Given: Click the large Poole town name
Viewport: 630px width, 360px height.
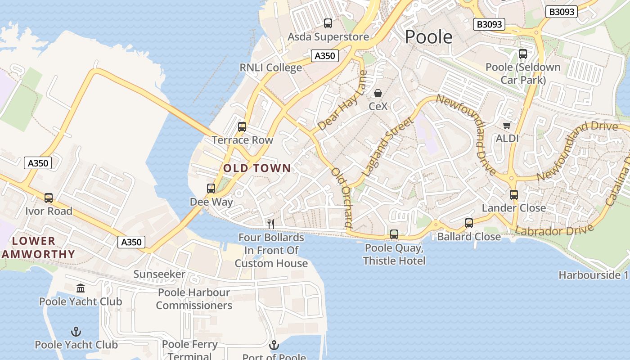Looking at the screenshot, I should point(428,36).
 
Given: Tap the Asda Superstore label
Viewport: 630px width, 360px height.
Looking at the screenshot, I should point(328,36).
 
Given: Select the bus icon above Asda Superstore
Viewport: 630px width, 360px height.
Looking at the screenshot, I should point(328,23).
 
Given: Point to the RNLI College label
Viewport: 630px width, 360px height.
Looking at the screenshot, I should point(270,67).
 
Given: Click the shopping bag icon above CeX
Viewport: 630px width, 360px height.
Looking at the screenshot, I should point(378,93).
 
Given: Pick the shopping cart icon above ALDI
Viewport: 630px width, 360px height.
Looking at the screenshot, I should point(507,125).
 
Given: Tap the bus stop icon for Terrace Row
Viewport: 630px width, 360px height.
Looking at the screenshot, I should point(242,127).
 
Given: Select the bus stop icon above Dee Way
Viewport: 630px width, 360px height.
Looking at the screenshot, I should point(211,189).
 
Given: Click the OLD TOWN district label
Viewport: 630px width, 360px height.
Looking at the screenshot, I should point(257,168).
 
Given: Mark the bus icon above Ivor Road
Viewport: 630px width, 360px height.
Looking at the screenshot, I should point(49,198).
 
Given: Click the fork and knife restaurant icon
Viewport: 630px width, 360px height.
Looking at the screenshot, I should point(271,223).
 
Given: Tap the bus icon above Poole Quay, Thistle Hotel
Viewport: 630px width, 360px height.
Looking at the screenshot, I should point(394,234).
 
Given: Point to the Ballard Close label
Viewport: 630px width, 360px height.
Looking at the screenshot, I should point(468,236).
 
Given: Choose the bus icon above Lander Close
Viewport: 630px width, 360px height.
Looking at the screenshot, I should point(514,195).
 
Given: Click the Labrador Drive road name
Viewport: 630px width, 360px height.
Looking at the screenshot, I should point(554,230).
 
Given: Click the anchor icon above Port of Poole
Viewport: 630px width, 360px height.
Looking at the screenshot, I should point(274,346).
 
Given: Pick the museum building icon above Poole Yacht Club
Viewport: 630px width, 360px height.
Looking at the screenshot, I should point(81,288).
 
